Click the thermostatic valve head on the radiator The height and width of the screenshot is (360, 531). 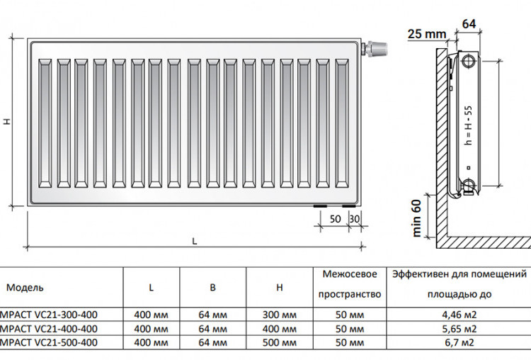pos(377,48)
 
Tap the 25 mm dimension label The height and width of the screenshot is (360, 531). pos(427,34)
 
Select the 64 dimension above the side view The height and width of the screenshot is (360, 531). pos(469,23)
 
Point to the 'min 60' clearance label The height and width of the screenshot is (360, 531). pos(416,218)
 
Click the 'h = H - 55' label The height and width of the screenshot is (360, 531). pos(469,125)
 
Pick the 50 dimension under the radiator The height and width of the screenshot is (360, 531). pos(336,219)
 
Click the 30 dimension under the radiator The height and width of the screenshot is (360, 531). pos(354,219)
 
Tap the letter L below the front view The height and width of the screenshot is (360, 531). pos(195,242)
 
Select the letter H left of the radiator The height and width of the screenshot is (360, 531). pos(7,121)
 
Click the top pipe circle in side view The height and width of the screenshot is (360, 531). pos(469,62)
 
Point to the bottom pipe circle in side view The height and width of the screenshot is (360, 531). pos(469,185)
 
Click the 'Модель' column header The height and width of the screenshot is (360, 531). pos(25,288)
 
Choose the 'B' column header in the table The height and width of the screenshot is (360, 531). pos(212,288)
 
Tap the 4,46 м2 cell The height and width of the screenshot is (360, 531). pos(459,315)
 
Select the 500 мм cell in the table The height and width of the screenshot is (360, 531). pos(280,342)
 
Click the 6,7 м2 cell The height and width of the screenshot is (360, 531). pos(459,342)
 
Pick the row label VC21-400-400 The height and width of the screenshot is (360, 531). pos(49,329)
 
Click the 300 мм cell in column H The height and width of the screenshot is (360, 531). pos(280,315)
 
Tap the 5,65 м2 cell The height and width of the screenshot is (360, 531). pos(459,329)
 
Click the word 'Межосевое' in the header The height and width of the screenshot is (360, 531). pos(350,274)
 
